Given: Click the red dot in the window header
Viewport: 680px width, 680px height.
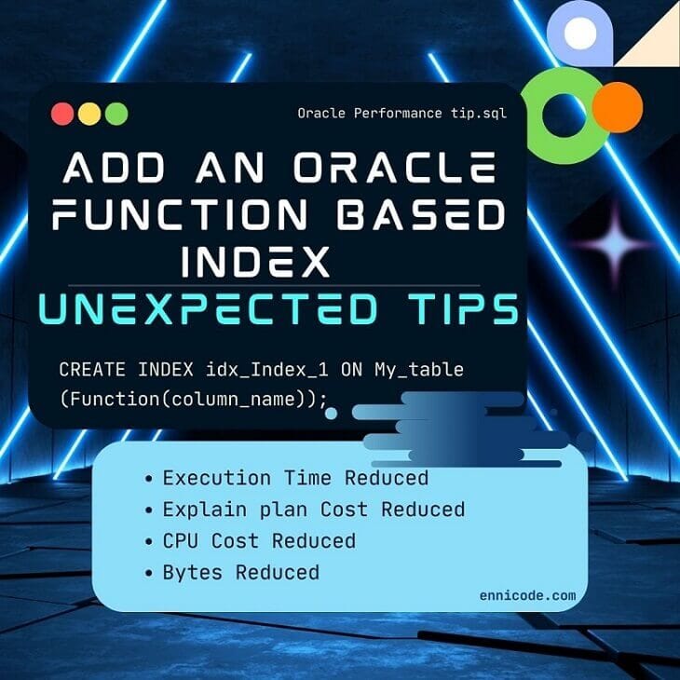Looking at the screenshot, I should [x=63, y=114].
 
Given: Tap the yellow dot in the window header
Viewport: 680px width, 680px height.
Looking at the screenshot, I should [x=89, y=114].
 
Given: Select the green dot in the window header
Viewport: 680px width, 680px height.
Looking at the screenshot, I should [x=116, y=114].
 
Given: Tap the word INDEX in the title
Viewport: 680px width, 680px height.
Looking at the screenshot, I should [x=255, y=261].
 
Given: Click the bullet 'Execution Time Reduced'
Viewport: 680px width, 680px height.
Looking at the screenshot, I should [x=295, y=478].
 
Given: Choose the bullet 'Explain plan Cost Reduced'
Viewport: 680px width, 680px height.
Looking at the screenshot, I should [x=313, y=510].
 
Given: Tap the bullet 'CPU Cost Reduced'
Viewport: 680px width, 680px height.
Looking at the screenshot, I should [x=259, y=541].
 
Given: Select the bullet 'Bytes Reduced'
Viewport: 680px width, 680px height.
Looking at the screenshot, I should [x=240, y=572].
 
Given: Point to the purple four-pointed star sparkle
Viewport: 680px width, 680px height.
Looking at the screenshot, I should [x=612, y=244].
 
